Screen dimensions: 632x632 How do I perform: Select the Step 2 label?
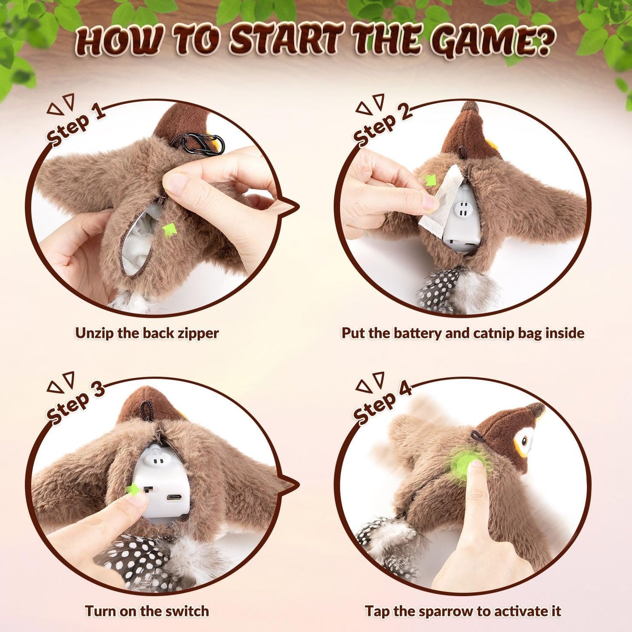382,124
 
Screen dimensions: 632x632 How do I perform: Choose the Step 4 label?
382,402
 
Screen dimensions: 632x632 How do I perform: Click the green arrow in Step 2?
431,180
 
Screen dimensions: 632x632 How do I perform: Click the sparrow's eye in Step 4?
525,440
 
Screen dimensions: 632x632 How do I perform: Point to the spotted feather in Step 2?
437,291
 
